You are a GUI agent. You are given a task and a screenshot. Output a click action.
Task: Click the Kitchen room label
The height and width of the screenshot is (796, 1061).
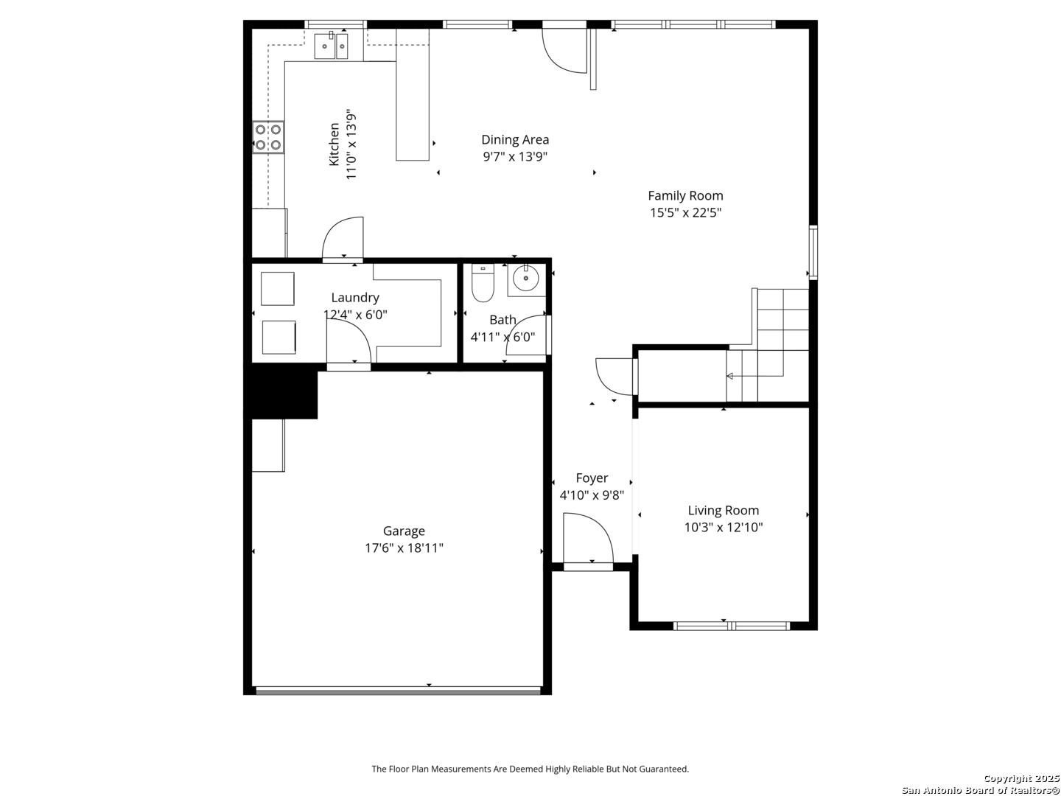334,144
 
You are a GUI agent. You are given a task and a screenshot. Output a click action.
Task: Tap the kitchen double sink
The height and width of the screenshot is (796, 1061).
331,46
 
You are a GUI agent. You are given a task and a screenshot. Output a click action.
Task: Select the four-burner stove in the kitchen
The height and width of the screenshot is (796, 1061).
267,137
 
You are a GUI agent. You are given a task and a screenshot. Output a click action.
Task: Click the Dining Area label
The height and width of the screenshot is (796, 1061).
515,140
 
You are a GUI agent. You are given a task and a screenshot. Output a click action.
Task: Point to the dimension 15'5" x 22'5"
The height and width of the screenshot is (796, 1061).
685,213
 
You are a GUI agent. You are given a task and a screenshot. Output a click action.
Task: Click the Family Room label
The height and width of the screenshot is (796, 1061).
685,196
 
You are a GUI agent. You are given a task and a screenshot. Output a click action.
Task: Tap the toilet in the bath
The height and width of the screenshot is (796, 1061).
483,283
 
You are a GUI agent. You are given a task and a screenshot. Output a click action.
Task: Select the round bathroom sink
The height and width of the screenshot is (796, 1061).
526,279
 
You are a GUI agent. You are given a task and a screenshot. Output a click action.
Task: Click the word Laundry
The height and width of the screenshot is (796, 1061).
355,298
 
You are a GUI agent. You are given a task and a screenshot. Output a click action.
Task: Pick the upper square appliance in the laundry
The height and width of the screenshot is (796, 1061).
278,288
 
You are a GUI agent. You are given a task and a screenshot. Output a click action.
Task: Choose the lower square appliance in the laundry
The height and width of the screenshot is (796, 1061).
279,338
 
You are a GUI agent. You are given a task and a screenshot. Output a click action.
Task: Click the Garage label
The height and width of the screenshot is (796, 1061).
404,531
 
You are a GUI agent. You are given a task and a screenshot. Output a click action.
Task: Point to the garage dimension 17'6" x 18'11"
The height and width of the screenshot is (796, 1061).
404,548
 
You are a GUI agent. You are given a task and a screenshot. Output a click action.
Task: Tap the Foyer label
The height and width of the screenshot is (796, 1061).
592,478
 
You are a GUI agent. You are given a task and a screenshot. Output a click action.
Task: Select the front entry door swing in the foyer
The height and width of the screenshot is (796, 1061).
588,538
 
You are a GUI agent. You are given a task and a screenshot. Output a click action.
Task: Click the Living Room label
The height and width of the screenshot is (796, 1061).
723,510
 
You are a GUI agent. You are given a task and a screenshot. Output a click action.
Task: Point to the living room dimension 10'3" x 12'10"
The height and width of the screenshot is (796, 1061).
723,527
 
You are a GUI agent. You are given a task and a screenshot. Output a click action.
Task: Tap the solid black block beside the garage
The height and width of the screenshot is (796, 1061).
281,391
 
